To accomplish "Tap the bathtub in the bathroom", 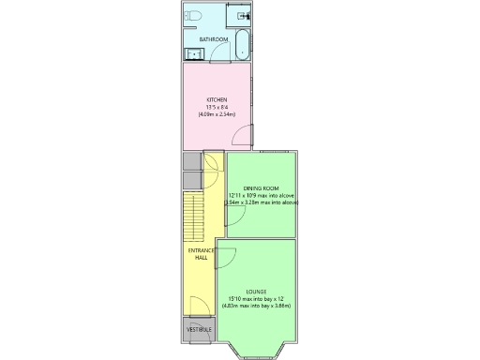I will point(242,44).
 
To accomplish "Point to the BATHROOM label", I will point(214,39).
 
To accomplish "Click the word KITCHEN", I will point(217,100).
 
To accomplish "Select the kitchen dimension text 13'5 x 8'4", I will point(217,107).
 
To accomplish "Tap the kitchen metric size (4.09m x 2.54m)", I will point(217,113).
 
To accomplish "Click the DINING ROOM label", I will point(262,188).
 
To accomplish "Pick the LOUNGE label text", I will point(256,292).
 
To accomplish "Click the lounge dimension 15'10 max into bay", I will point(256,299).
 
